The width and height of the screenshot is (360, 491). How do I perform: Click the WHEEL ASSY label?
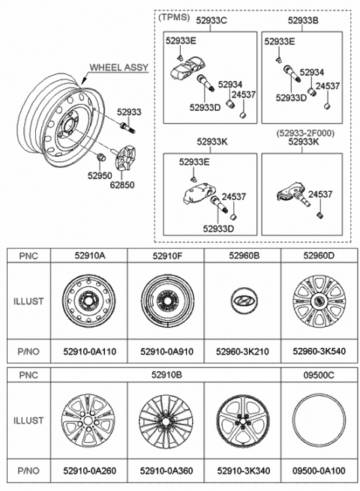point(118,67)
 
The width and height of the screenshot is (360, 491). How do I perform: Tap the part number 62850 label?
point(122,184)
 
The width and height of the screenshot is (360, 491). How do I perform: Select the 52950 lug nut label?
point(100,175)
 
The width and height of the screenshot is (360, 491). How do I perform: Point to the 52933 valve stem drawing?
point(127,127)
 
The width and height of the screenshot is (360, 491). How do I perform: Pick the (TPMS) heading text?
point(174,17)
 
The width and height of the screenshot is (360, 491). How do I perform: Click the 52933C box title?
point(211,21)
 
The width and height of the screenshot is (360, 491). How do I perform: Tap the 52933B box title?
point(303,21)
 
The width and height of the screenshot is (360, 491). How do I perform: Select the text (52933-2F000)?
point(305,133)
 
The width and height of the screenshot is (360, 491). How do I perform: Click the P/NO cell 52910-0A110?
point(89,352)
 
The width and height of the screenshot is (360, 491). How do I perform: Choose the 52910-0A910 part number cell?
point(166,352)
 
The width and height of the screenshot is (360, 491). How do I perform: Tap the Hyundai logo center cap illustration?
point(244,300)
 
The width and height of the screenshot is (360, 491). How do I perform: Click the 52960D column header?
point(319,256)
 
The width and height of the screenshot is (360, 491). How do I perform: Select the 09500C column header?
point(319,375)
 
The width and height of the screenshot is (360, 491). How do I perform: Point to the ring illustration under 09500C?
point(319,394)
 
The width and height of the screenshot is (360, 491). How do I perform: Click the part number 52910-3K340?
point(244,471)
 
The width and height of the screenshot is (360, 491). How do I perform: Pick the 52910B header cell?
point(166,375)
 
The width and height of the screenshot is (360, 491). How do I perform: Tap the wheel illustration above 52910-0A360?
point(166,421)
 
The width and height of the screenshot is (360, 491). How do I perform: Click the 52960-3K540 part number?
point(319,352)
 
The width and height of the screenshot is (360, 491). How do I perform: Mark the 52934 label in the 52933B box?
point(312,72)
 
